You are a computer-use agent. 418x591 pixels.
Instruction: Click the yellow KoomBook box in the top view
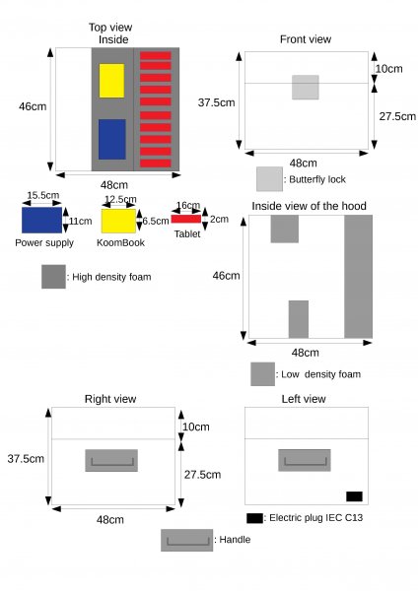pyautogui.click(x=111, y=81)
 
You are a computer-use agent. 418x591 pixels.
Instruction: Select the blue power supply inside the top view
pyautogui.click(x=112, y=139)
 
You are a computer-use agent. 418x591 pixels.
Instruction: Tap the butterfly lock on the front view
pyautogui.click(x=306, y=87)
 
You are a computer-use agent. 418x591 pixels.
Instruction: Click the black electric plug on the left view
pyautogui.click(x=354, y=496)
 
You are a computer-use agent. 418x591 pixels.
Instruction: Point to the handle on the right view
pyautogui.click(x=111, y=460)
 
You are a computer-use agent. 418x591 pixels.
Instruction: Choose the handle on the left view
pyautogui.click(x=305, y=460)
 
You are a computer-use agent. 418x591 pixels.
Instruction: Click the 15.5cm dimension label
pyautogui.click(x=43, y=195)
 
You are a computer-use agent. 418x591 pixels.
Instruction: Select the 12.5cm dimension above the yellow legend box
pyautogui.click(x=120, y=199)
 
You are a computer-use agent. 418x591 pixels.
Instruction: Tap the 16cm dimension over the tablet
pyautogui.click(x=188, y=206)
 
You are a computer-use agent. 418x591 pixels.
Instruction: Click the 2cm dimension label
pyautogui.click(x=219, y=219)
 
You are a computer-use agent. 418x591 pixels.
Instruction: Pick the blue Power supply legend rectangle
pyautogui.click(x=41, y=220)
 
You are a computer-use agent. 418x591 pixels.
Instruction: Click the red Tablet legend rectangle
pyautogui.click(x=186, y=219)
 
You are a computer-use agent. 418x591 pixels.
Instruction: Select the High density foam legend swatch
pyautogui.click(x=53, y=277)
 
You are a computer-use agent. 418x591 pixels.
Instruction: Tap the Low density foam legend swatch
pyautogui.click(x=262, y=374)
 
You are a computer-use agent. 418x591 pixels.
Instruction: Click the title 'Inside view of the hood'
pyautogui.click(x=309, y=206)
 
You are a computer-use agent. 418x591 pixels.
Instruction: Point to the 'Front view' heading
pyautogui.click(x=306, y=39)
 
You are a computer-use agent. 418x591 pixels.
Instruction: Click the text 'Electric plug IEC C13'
pyautogui.click(x=316, y=517)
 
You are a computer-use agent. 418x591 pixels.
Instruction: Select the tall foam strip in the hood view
pyautogui.click(x=359, y=276)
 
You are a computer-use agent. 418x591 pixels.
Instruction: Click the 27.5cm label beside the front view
pyautogui.click(x=397, y=116)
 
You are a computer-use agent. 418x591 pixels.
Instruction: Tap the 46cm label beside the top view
pyautogui.click(x=33, y=106)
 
